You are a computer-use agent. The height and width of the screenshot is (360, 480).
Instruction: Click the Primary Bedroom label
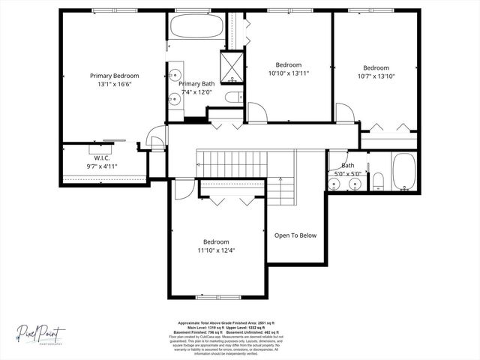point(114,76)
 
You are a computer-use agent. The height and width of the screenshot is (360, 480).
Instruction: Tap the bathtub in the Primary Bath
point(196,27)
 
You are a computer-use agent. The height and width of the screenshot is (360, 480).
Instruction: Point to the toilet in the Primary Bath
point(232,97)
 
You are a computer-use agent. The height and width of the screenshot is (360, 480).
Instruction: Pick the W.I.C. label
point(101,157)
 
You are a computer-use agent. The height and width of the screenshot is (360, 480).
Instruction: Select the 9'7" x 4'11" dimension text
point(101,166)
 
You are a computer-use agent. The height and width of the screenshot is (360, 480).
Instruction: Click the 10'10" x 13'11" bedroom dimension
point(289,73)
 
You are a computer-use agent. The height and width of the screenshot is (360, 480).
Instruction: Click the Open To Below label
point(295,235)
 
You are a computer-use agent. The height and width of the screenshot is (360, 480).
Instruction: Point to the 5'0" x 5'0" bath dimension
point(347,173)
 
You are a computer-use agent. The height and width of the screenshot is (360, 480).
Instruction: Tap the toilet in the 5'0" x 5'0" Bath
point(378,179)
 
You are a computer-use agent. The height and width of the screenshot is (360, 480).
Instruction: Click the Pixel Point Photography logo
point(42,332)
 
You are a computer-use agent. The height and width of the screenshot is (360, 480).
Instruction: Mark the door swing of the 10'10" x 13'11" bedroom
point(257,112)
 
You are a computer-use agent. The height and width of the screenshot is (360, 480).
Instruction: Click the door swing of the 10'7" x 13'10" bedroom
point(345,113)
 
